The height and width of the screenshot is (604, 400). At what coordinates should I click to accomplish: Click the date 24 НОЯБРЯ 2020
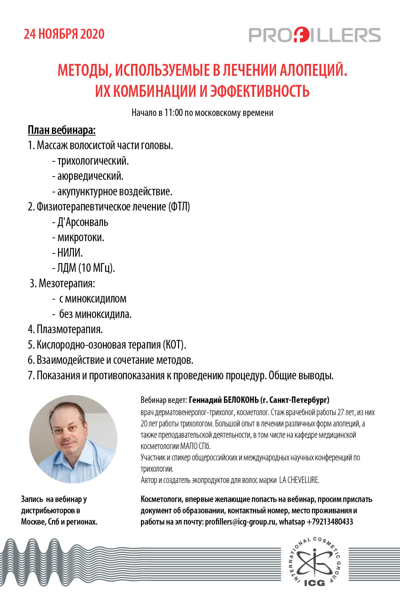pos(64,34)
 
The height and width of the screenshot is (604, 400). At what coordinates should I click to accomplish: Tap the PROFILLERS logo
pos(314,35)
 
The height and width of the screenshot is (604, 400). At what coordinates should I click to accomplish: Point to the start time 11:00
pos(173,113)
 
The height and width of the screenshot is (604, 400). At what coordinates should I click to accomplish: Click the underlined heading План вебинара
pos(62,130)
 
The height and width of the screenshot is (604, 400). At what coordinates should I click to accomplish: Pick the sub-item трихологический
pos(93,161)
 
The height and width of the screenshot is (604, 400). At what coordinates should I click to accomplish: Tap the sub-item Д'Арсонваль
pos(83,222)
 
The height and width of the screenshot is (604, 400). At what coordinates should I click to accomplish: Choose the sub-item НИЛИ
pos(70,252)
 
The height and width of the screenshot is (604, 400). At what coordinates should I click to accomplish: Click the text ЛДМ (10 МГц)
pos(86,268)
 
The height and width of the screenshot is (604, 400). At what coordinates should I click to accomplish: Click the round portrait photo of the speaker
pos(73,439)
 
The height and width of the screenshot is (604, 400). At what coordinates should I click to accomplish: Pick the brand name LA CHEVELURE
pos(299,480)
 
